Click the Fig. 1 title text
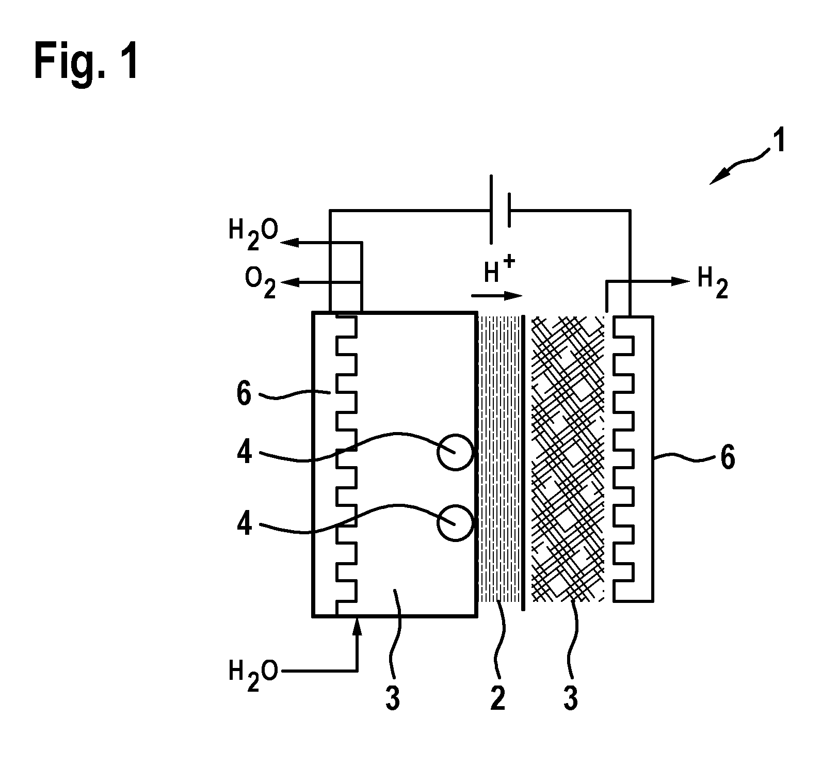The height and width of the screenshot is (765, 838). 86,61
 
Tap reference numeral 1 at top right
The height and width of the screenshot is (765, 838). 779,141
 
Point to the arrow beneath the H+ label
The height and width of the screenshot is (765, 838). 497,296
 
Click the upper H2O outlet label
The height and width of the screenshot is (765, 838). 253,236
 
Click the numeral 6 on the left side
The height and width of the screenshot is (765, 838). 244,394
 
